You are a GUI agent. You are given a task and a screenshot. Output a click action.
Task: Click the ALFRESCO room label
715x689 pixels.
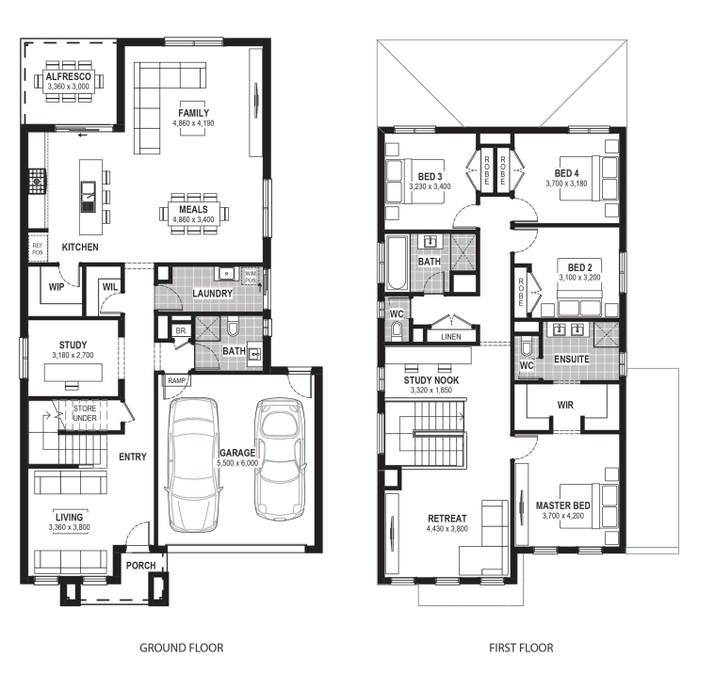(69, 76)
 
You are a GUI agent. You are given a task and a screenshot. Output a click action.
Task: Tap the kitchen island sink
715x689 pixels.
(89, 197)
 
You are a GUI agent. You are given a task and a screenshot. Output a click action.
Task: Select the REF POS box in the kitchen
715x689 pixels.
(38, 248)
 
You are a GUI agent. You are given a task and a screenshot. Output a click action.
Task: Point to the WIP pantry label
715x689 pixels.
(57, 287)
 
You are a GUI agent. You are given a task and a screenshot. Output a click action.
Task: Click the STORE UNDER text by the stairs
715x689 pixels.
(85, 413)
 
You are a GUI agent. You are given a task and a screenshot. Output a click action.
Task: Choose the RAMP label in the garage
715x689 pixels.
(176, 380)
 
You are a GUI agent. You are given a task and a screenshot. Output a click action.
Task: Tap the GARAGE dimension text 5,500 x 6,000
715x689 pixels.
(237, 463)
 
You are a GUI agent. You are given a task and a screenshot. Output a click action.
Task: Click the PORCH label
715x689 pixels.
(141, 566)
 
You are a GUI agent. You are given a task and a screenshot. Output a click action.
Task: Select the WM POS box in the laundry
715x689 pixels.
(251, 277)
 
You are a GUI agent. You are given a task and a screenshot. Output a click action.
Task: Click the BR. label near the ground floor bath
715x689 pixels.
(181, 331)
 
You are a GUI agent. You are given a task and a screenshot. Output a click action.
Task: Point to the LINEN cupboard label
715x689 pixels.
(451, 337)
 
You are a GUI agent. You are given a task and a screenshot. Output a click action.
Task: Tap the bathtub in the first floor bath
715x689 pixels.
(397, 263)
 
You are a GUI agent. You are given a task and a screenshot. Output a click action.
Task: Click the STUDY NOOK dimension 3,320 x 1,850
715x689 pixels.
(431, 390)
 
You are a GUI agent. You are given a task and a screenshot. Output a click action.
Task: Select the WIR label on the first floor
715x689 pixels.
(565, 405)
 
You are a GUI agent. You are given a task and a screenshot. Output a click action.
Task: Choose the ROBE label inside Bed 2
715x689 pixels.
(521, 292)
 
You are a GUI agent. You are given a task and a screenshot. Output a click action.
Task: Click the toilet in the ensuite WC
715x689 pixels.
(527, 347)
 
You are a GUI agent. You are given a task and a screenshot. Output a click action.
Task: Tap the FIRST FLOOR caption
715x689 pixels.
(521, 648)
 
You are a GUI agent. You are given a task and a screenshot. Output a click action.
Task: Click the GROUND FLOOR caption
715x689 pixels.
(182, 648)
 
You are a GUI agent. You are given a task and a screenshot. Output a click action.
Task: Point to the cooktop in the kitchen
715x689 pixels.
(37, 182)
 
